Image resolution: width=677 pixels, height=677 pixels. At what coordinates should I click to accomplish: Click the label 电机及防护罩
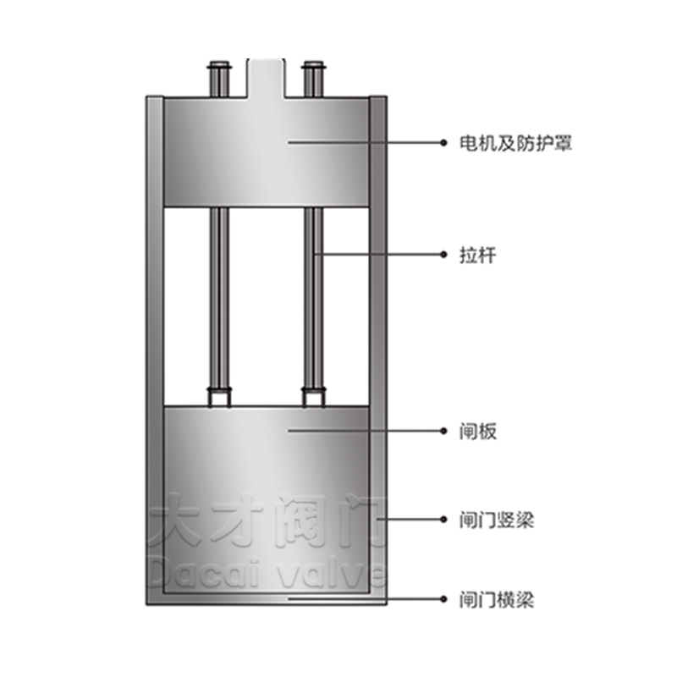515,143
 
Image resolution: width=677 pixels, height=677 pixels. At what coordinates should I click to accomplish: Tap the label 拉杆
477,255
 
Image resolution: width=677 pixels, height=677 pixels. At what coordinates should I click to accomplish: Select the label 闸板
478,431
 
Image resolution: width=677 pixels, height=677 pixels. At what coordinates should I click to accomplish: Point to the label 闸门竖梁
497,520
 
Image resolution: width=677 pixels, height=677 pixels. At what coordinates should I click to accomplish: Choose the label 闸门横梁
497,600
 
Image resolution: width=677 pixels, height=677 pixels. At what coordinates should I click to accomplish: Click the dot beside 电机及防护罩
443,142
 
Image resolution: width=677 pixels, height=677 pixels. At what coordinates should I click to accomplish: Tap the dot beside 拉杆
443,255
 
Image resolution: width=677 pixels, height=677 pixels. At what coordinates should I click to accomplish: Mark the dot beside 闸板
443,431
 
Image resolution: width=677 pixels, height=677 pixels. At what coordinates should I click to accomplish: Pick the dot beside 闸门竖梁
443,519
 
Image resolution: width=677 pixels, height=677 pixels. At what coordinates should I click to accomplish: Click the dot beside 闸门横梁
443,599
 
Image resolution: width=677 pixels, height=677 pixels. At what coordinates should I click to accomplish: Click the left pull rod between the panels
219,298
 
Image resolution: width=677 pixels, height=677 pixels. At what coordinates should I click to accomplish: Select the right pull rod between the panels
314,298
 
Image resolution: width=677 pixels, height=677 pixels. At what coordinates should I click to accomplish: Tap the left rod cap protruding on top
219,79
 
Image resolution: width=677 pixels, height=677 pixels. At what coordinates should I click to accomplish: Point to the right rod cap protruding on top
314,79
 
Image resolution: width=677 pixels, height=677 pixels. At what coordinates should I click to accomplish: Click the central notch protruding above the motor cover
266,78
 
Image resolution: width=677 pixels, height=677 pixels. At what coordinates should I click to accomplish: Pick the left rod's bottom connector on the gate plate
219,397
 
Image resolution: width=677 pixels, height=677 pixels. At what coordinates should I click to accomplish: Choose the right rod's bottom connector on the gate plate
314,397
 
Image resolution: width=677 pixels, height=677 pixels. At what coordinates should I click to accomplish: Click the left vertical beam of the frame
155,350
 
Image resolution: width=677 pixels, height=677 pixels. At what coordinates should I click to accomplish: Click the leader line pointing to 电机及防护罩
366,142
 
